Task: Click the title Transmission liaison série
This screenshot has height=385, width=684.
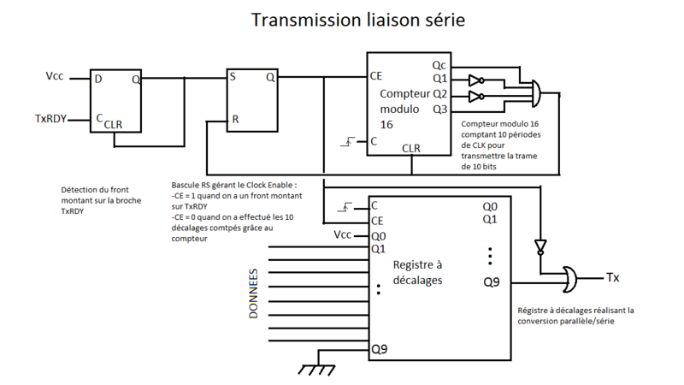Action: click(x=357, y=20)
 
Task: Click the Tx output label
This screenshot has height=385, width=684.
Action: click(x=612, y=277)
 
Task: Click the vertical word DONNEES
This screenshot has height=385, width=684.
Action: click(x=254, y=296)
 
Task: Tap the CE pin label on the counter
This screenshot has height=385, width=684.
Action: click(x=376, y=76)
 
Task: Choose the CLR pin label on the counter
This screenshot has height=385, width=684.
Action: click(x=411, y=148)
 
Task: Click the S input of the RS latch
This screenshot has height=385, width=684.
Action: click(x=233, y=76)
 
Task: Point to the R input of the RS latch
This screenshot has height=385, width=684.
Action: click(x=235, y=120)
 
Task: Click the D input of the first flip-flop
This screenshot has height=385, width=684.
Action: click(x=99, y=79)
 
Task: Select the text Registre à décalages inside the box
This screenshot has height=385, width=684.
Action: click(x=417, y=272)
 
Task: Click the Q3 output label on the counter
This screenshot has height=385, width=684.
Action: click(x=439, y=109)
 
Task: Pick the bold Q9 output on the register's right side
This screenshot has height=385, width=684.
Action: click(x=490, y=281)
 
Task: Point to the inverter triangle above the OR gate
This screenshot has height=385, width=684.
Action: click(x=540, y=247)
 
